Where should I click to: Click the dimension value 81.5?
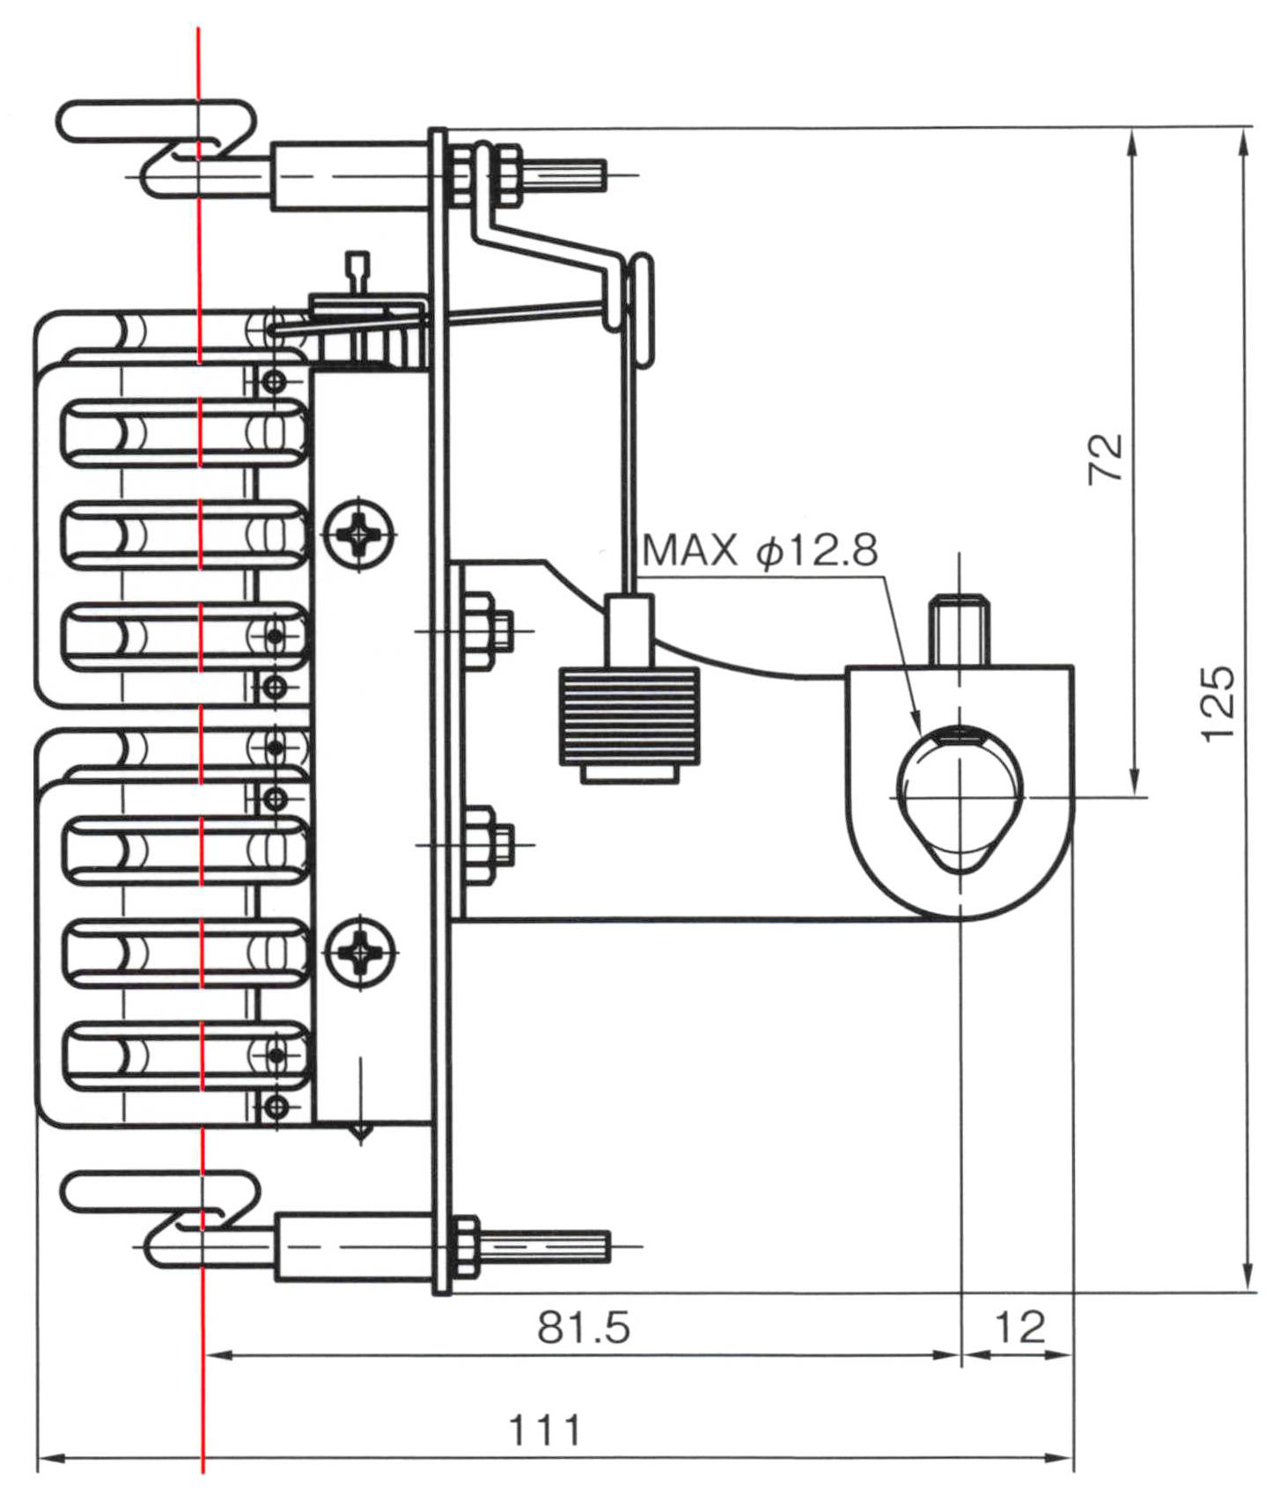click(584, 1327)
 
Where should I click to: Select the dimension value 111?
click(545, 1431)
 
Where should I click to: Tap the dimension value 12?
click(1019, 1327)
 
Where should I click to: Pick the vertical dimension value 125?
click(1219, 704)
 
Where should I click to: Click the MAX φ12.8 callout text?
click(760, 550)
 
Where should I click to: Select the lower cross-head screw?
click(359, 951)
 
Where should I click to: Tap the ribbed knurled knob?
click(629, 715)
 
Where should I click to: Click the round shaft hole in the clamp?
click(960, 797)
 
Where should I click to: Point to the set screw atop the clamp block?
click(960, 630)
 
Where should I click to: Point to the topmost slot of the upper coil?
click(184, 432)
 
